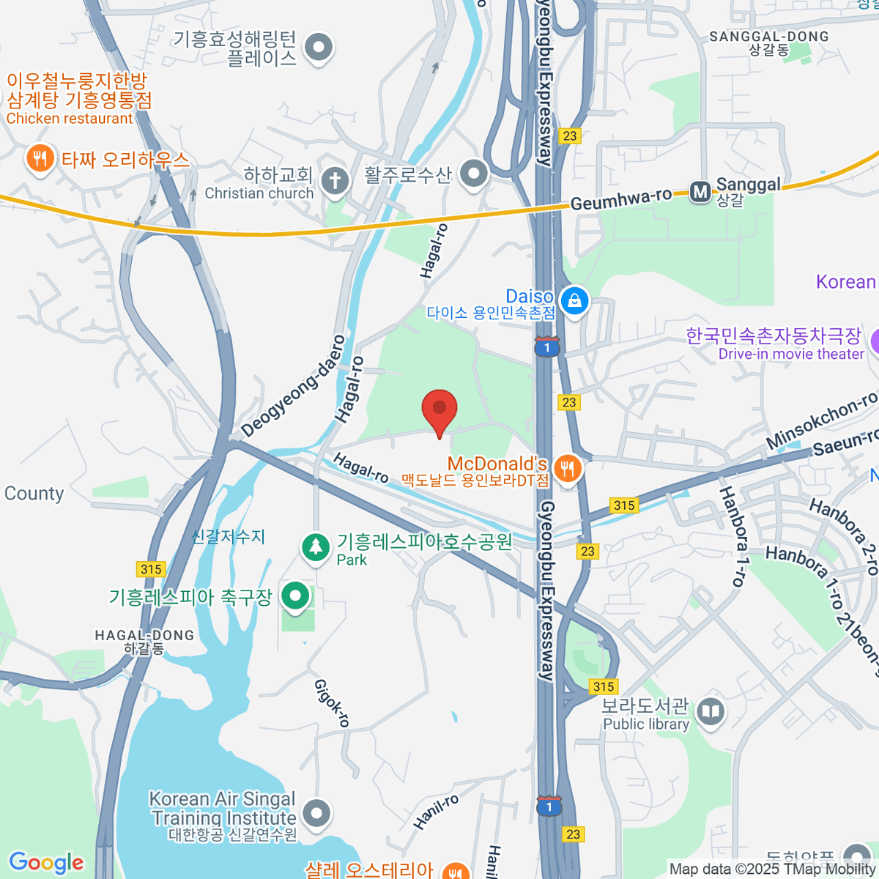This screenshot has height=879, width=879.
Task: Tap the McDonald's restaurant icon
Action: coord(568,469)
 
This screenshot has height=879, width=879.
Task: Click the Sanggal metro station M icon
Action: coord(701,192)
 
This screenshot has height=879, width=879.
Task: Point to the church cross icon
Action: coord(335,180)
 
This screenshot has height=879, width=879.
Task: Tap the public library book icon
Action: coord(711,711)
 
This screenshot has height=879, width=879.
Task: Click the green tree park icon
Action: coord(316,547)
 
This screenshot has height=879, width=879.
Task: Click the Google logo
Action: coord(47,862)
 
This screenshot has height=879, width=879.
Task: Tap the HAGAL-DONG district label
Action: coord(144,636)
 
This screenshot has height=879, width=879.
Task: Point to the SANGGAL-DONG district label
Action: coord(769,37)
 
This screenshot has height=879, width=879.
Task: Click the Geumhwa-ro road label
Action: coord(620,199)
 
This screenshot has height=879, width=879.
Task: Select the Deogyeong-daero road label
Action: coord(293,386)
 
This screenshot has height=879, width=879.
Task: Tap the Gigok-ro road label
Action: coord(332,703)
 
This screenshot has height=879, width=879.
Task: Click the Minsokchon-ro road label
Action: coord(820,420)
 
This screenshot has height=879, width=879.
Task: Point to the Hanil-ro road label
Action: coord(436,812)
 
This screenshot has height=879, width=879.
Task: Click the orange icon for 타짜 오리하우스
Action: coord(40,159)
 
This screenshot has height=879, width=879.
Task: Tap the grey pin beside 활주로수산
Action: coord(474,174)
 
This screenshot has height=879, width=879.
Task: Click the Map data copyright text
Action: coord(772,869)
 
